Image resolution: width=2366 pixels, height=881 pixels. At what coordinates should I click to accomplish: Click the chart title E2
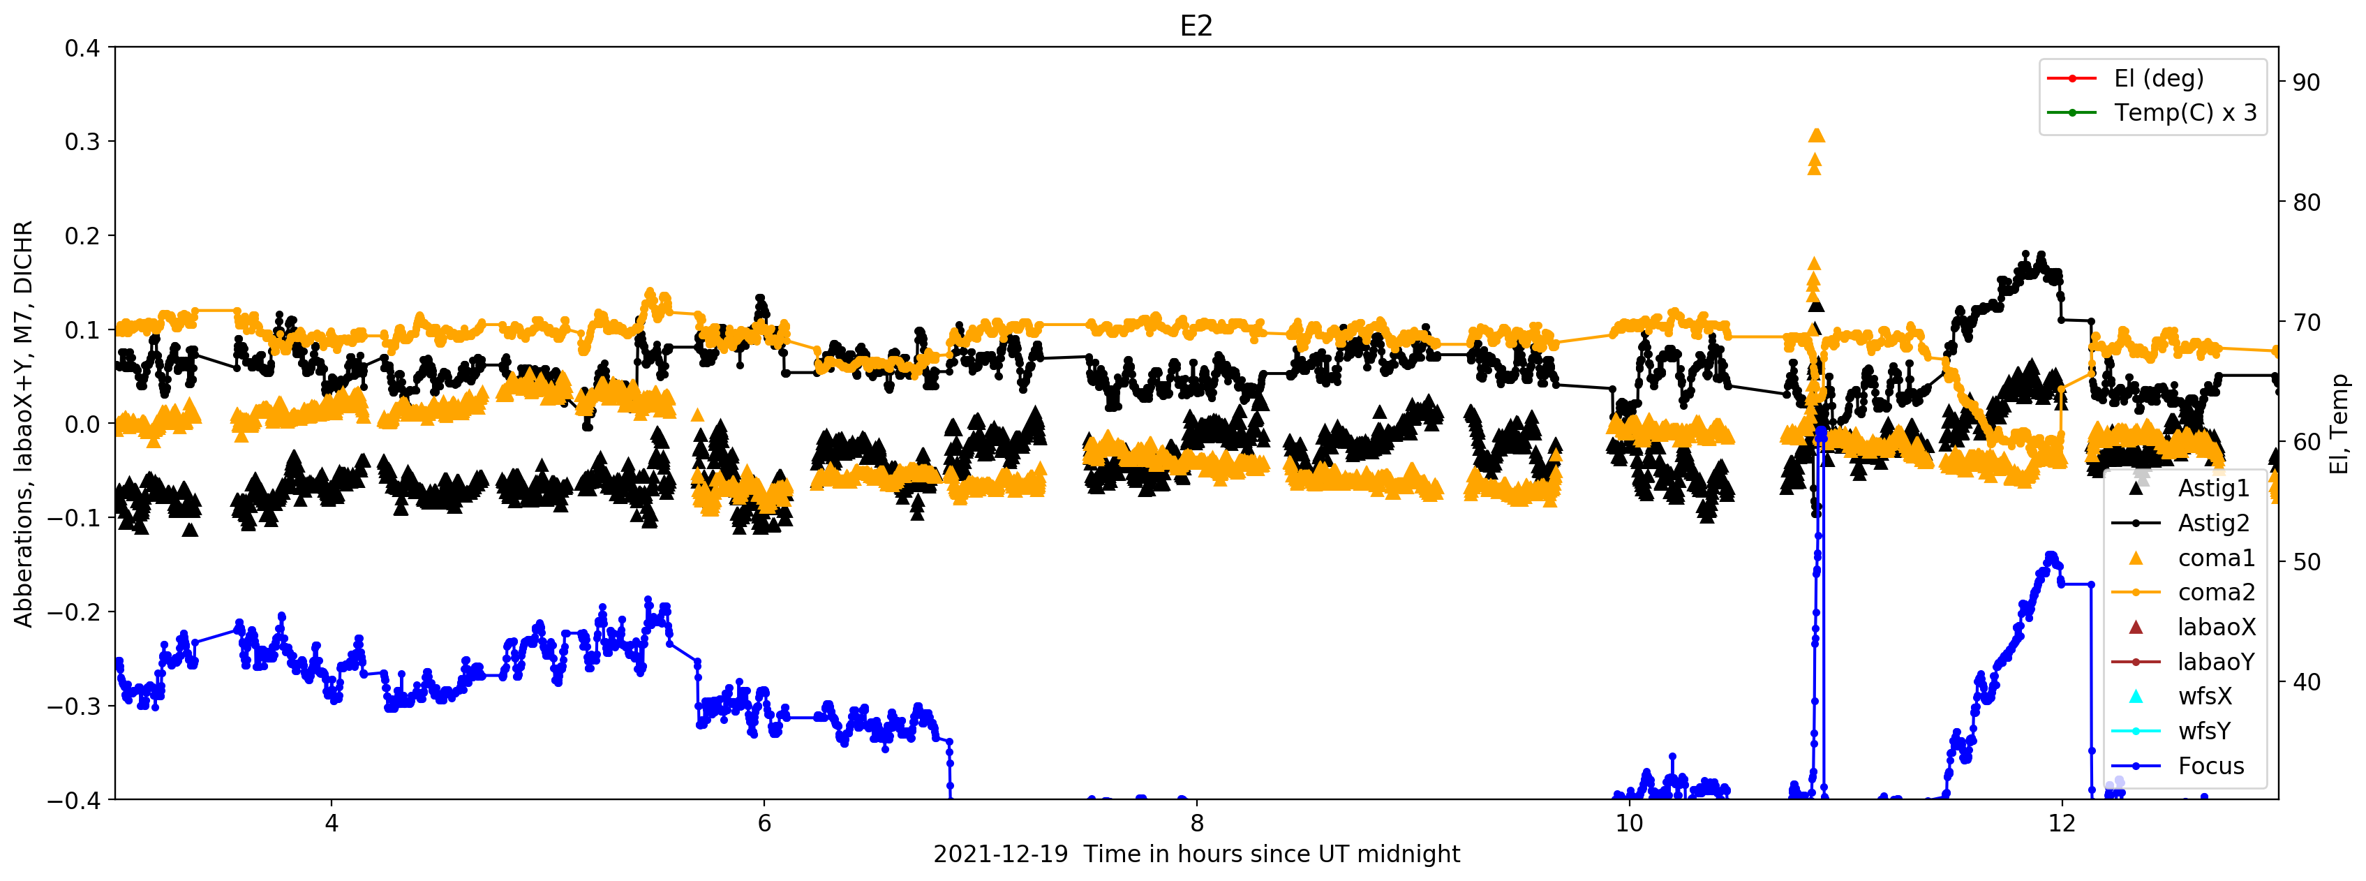tap(1196, 26)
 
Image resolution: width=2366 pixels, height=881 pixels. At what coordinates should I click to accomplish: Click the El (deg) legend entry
tap(2159, 78)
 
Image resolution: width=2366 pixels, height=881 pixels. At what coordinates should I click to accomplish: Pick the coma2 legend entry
tap(2215, 593)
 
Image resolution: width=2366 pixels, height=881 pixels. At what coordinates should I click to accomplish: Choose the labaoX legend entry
tap(2215, 628)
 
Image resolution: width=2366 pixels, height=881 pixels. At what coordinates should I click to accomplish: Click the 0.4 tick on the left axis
tap(82, 47)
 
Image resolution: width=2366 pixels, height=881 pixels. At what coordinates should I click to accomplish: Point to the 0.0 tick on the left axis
tap(82, 424)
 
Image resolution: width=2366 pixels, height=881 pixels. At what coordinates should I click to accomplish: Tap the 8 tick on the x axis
tap(1196, 823)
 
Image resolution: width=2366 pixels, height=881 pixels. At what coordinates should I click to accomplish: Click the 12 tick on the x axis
tap(2062, 823)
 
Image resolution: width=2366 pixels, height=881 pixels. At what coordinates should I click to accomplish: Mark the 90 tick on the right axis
tap(2306, 82)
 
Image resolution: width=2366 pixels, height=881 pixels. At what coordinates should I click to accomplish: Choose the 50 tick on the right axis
tap(2306, 562)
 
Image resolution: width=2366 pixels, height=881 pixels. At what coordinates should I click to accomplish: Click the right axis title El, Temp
tap(2339, 424)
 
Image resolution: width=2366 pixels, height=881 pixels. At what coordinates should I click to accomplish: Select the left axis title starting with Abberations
tap(23, 424)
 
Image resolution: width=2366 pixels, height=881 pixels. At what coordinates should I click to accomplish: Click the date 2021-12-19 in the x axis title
tap(1000, 854)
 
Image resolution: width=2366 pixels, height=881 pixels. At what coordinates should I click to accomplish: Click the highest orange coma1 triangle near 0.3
tap(1816, 135)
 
